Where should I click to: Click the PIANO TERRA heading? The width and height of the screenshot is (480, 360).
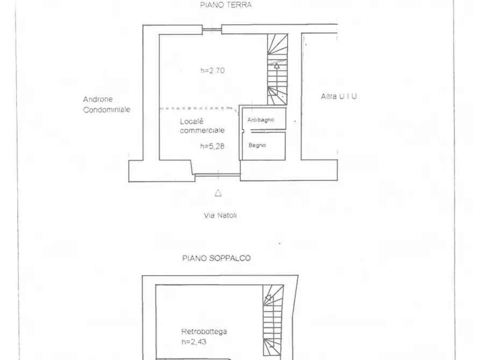point(226,5)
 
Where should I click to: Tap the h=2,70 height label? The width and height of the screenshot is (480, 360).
point(213,71)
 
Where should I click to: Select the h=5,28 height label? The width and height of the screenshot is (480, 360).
point(212,146)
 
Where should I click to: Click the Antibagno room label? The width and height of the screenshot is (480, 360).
point(261,120)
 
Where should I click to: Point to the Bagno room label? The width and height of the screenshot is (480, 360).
point(257,145)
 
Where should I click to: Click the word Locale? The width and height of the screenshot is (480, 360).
point(192,121)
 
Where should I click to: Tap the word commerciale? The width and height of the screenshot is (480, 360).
point(202,131)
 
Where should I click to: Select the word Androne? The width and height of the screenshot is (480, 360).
point(98,99)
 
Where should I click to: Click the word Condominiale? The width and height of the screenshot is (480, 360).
point(107,109)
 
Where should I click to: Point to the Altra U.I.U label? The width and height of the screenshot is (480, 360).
point(339,96)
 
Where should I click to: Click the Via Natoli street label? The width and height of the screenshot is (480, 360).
point(220,215)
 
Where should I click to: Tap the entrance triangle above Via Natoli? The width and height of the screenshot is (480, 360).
point(218,193)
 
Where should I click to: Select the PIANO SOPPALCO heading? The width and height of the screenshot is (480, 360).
point(217,258)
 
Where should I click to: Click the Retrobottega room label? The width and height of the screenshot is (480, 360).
point(204,332)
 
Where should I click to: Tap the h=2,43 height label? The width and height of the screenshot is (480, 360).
point(194,342)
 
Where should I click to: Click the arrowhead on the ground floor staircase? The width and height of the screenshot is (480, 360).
point(277,66)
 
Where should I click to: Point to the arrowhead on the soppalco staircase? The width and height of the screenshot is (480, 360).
point(268,297)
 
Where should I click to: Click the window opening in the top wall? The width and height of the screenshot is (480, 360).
point(212,30)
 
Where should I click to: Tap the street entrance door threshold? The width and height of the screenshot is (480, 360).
point(218,175)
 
